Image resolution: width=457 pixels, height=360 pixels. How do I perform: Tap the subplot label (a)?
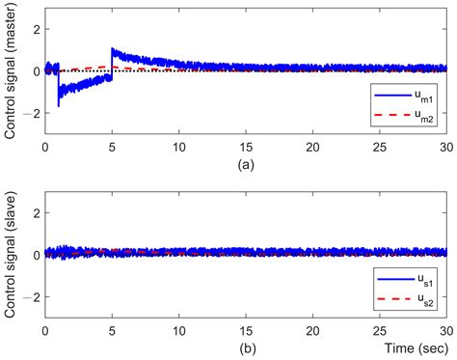pos(245,163)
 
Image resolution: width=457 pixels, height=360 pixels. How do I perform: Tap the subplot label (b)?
pos(245,345)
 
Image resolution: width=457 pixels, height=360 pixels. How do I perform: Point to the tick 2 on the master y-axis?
pos(35,29)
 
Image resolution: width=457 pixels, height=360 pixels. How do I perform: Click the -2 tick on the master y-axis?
pos(32,113)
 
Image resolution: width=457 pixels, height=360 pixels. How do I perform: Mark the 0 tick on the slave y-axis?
pos(35,253)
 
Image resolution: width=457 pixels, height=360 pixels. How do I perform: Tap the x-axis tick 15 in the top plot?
pos(245,148)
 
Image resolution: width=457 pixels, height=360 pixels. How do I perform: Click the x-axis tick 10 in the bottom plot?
pos(178,329)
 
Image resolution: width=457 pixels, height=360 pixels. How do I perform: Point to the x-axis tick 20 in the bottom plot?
pos(311,329)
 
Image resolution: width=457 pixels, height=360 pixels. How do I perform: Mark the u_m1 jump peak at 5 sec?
pos(113,49)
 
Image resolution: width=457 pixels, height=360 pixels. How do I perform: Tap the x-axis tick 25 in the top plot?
pos(378,148)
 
